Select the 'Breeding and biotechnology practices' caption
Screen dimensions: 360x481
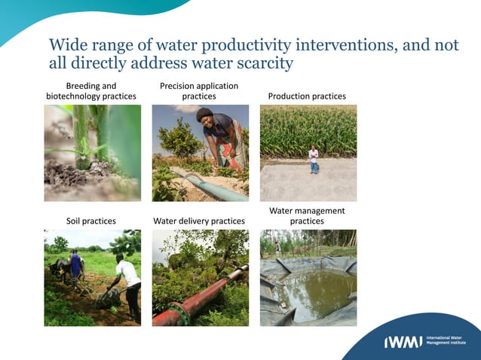tap(91, 91)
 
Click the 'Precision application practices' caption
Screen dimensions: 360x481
tap(199, 91)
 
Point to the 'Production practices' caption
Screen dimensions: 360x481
tap(307, 96)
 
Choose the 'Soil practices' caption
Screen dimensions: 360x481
tap(91, 221)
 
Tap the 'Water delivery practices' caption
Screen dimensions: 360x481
tap(199, 221)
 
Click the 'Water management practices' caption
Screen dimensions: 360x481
tap(307, 216)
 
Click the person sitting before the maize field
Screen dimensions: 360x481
tap(314, 160)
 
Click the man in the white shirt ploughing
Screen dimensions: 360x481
tap(130, 279)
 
